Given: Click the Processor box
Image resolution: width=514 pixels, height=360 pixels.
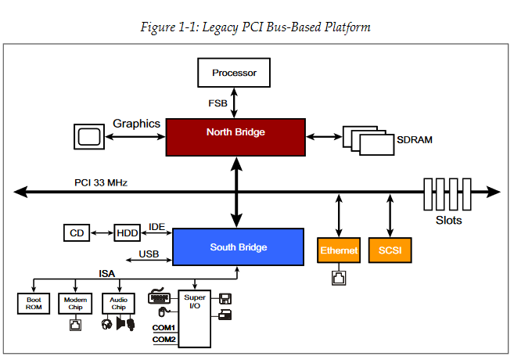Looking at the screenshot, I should coord(233,74).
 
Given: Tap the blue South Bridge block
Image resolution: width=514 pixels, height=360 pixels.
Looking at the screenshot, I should coord(238,247).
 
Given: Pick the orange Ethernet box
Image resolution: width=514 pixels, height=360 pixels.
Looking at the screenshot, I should coord(338,250).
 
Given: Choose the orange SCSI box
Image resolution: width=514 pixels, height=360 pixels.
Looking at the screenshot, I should coord(389,250).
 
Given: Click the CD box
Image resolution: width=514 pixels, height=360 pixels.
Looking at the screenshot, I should coord(76,232).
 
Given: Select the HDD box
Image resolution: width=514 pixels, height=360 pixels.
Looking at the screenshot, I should coord(126,232).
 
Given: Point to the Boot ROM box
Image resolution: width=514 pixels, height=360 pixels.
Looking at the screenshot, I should coord(33,304).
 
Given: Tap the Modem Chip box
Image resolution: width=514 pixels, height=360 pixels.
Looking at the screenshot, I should coord(74,304).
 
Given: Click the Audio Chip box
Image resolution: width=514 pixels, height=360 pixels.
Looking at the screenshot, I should coord(118,304).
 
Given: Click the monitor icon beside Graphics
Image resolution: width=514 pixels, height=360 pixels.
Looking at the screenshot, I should coord(88,136).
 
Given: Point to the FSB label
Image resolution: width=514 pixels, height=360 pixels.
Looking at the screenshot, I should coord(217,103).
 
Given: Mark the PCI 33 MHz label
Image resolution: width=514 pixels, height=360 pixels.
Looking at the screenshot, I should coord(101,182).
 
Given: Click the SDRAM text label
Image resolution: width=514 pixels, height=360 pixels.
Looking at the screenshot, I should coord(415,141).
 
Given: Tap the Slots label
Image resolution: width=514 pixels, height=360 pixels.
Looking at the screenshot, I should coord(448,220).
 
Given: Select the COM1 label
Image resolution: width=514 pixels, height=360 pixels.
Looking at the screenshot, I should coord(164,327).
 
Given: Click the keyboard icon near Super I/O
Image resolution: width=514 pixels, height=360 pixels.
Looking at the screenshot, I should coord(160,297).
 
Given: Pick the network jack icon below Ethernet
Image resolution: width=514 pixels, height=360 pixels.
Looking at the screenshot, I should coord(338,276).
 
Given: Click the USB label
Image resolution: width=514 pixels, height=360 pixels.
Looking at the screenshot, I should coord(149,254).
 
